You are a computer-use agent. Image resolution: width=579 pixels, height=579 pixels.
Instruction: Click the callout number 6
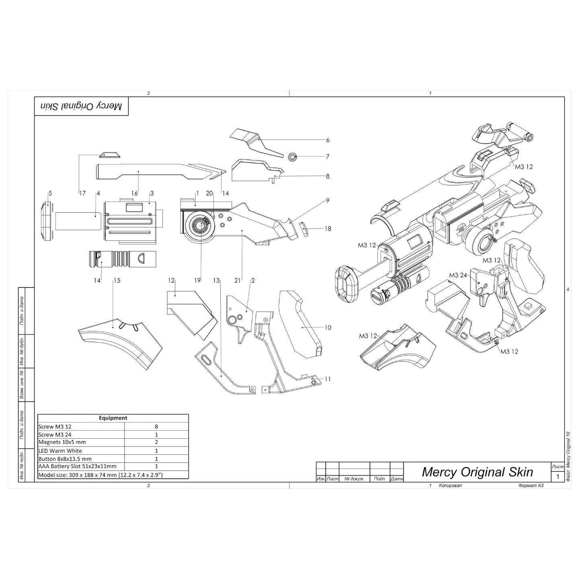(328, 140)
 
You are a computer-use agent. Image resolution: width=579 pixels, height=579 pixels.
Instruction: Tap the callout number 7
(328, 156)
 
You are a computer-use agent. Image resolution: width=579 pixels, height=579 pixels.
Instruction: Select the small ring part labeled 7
(293, 156)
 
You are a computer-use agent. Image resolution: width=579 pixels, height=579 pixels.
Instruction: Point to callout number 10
(328, 328)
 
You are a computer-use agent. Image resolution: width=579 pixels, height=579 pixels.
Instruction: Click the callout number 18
(328, 229)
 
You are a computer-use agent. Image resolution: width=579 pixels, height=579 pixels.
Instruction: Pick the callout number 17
(82, 193)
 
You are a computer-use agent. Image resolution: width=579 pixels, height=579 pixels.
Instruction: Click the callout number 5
(50, 193)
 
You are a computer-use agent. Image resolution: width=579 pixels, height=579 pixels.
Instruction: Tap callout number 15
(117, 280)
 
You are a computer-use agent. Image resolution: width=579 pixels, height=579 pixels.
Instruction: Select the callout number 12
(172, 280)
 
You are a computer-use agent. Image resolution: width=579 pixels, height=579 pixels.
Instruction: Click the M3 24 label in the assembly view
(458, 275)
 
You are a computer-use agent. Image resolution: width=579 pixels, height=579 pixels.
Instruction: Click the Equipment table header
(113, 418)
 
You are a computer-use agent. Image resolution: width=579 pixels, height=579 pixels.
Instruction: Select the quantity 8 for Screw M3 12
(156, 427)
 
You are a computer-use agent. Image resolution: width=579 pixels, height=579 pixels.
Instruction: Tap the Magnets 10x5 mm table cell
(62, 442)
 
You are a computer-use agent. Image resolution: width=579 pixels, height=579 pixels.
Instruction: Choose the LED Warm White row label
(60, 451)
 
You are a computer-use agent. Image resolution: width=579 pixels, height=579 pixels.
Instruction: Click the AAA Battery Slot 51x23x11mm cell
(77, 466)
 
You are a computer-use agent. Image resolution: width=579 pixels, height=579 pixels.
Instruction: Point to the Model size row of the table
(100, 474)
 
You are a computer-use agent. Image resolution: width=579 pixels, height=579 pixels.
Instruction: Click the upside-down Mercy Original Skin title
(81, 106)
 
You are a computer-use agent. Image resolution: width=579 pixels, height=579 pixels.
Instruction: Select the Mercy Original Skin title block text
(477, 472)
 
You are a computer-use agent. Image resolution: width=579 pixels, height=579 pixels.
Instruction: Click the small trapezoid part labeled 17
(109, 155)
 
